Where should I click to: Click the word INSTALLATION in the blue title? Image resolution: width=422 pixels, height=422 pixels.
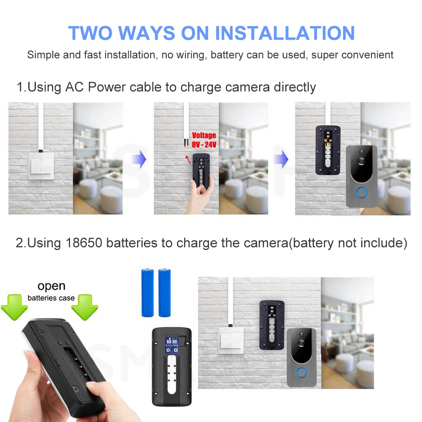(x=285, y=33)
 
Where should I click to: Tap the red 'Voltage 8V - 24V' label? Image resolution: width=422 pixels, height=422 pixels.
(x=204, y=140)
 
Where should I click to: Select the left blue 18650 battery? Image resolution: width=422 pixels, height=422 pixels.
(x=147, y=292)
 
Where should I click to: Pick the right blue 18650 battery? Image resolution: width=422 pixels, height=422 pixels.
(x=164, y=292)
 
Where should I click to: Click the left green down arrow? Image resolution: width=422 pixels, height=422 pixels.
(x=14, y=307)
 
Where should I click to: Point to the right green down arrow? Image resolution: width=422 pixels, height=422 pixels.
(x=84, y=307)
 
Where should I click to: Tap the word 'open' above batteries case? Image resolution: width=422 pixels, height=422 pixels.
(x=51, y=287)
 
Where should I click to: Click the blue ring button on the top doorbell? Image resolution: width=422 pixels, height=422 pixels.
(x=361, y=193)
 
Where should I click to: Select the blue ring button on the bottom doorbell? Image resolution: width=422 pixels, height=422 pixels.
(x=301, y=373)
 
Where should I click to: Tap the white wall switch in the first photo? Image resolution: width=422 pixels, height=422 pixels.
(x=41, y=166)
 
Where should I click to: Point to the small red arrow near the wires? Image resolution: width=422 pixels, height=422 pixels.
(x=188, y=160)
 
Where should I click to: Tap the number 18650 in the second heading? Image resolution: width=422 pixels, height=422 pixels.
(x=84, y=243)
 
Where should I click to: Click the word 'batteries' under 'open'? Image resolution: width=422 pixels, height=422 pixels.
(x=42, y=298)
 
